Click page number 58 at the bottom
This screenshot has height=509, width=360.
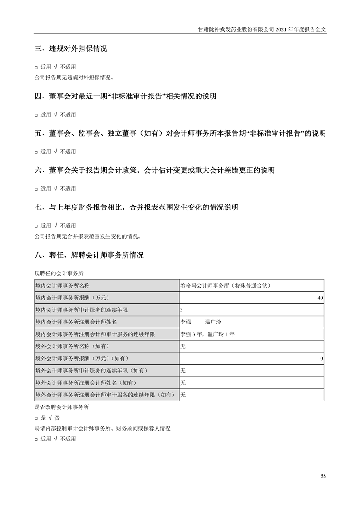(323, 476)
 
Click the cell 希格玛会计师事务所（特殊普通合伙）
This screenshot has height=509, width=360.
(225, 285)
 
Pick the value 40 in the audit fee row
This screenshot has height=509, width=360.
(320, 298)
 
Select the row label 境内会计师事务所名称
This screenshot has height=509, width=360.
(62, 285)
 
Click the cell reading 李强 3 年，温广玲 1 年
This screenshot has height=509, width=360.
(207, 334)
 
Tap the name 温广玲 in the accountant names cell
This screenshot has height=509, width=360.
(213, 322)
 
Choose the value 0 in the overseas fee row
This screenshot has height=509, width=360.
(321, 359)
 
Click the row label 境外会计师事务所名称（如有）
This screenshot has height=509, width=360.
(72, 347)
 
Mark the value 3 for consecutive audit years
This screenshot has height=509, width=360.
(182, 310)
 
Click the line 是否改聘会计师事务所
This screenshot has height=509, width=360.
(62, 407)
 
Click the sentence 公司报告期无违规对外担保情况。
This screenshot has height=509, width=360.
(74, 77)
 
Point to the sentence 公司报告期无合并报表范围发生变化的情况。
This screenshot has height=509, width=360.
(88, 236)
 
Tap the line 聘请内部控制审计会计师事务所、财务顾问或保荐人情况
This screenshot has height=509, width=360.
(102, 428)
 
